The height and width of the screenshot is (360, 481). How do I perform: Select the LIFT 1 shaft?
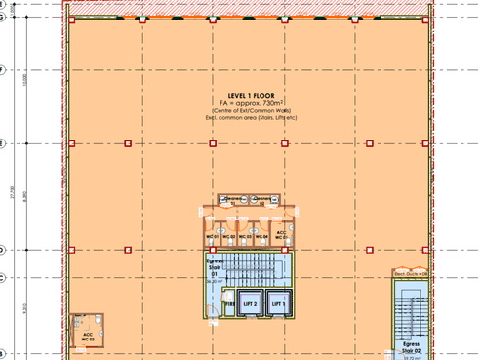pyautogui.click(x=278, y=305)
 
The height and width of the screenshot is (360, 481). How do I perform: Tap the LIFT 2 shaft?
pyautogui.click(x=249, y=305)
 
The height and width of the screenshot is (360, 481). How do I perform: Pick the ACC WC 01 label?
pyautogui.click(x=280, y=235)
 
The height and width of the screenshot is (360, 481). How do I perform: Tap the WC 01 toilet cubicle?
pyautogui.click(x=211, y=234)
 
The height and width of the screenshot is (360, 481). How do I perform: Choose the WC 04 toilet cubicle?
pyautogui.click(x=262, y=234)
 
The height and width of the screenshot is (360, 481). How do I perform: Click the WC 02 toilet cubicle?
pyautogui.click(x=227, y=234)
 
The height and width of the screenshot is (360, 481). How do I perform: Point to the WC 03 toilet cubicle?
pyautogui.click(x=246, y=234)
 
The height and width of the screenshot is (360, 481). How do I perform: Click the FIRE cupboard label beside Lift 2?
pyautogui.click(x=229, y=305)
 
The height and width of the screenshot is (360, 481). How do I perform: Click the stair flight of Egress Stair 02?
pyautogui.click(x=411, y=312)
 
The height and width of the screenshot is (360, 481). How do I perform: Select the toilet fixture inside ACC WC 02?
pyautogui.click(x=97, y=323)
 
